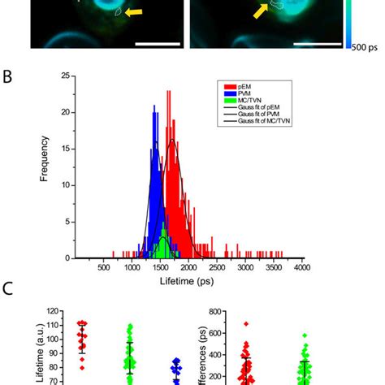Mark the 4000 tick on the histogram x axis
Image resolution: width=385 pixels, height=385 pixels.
(302, 266)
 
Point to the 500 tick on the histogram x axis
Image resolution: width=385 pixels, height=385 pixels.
(103, 266)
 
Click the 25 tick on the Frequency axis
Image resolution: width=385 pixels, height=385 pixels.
(66, 76)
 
